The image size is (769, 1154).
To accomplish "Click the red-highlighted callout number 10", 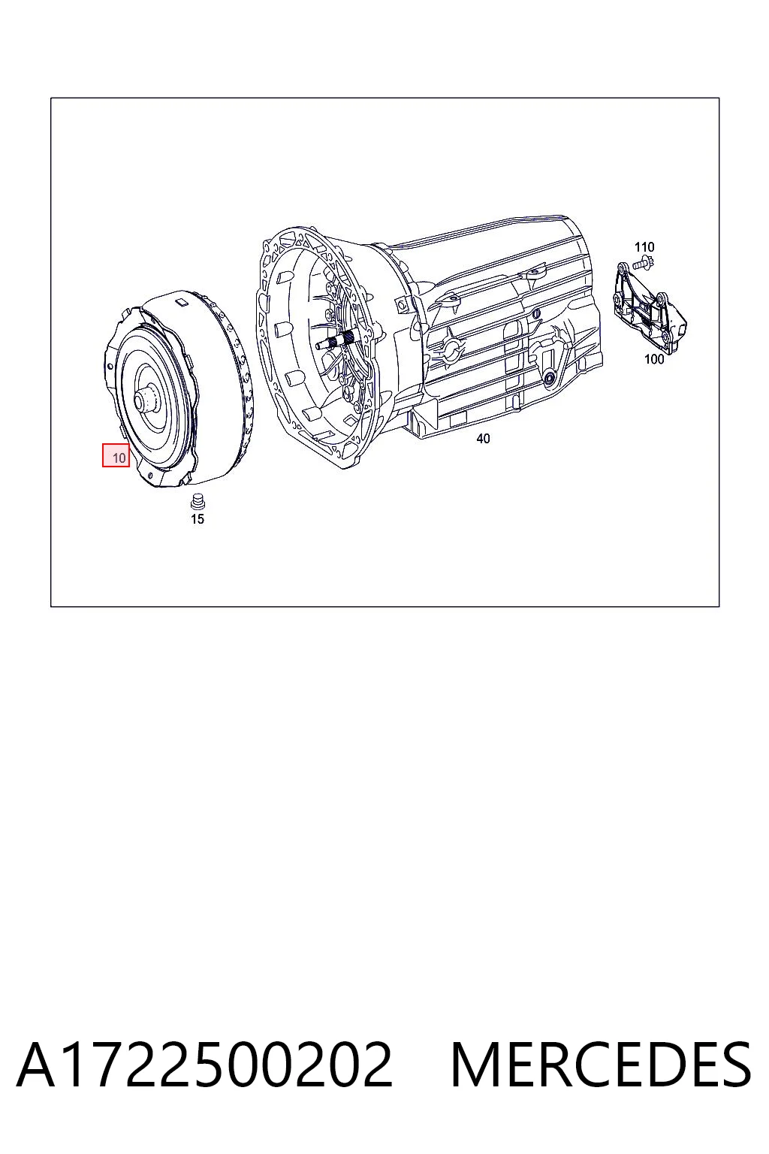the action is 119,458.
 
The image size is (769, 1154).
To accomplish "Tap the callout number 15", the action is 198,519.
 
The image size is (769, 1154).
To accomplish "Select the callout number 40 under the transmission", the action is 483,439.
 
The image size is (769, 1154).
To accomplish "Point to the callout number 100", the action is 654,359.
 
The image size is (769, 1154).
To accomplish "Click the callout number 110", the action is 644,246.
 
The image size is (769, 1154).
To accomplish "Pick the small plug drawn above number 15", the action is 198,501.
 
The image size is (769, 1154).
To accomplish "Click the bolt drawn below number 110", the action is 644,263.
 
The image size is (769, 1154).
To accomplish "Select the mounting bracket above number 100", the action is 650,308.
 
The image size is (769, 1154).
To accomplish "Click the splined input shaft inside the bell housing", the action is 336,341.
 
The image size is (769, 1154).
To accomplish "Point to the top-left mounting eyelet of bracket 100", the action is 620,268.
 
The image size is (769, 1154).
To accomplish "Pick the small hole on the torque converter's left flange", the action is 110,367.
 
